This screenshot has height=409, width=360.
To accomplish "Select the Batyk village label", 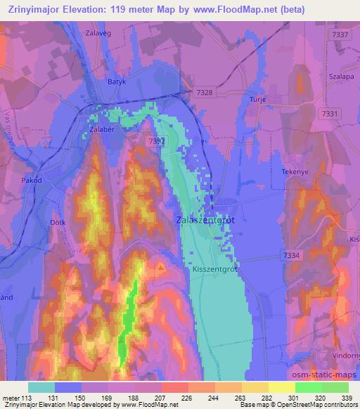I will point(116,82).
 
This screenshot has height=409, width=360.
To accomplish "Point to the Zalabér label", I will point(102,130).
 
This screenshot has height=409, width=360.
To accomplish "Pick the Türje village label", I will point(258,100).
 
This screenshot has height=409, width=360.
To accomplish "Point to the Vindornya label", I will point(343,357).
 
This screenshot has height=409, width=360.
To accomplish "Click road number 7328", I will point(205,92).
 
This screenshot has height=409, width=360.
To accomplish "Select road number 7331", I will point(333,113).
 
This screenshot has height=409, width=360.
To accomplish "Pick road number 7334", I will point(290,255).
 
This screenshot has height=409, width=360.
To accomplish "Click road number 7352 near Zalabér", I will point(156,141).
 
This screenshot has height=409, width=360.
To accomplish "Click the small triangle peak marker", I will point(161,267).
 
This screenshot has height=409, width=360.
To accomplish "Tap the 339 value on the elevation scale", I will point(348,397).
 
